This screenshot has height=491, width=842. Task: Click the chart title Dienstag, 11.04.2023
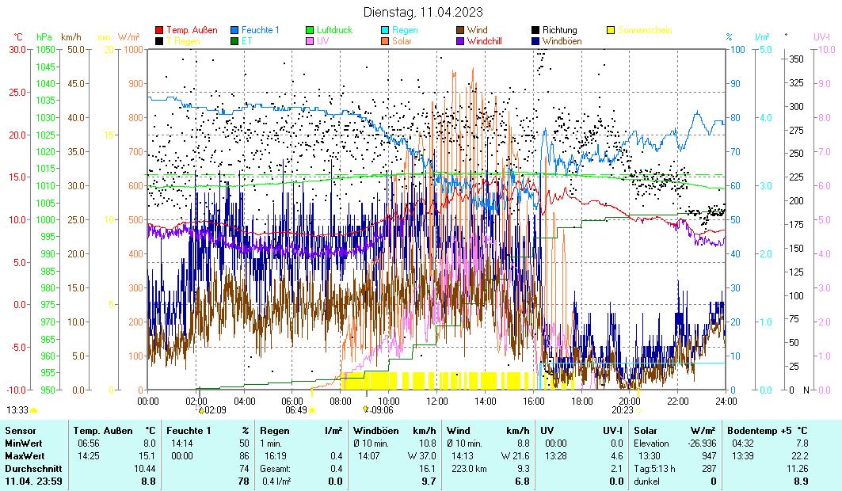click(x=422, y=12)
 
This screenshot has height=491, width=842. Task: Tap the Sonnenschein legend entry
click(x=644, y=30)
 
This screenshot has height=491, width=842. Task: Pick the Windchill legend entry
click(x=488, y=40)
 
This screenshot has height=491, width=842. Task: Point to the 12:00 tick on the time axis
click(x=437, y=401)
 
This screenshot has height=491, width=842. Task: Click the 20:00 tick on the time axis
click(x=630, y=401)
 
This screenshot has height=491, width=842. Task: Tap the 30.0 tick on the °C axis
click(x=17, y=49)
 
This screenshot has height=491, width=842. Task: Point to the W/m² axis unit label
click(x=128, y=37)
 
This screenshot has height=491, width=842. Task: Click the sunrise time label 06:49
click(x=295, y=410)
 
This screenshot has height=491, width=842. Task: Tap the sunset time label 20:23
click(x=623, y=410)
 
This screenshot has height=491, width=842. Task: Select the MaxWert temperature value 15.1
click(x=148, y=456)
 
